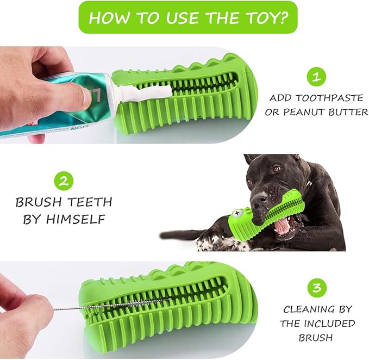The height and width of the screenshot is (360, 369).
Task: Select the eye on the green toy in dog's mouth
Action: click(x=237, y=214)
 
